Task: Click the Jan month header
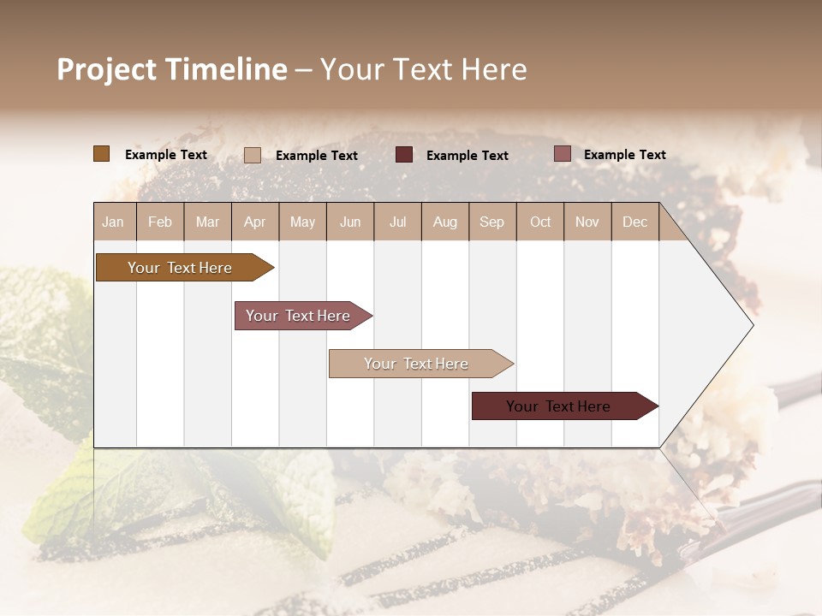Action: click(113, 222)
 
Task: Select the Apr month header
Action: click(254, 222)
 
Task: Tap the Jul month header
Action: click(397, 222)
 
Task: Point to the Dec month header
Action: click(634, 222)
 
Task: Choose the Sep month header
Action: click(491, 222)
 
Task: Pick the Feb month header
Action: click(160, 222)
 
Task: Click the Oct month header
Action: click(540, 222)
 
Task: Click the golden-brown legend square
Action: click(102, 154)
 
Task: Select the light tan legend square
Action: click(253, 155)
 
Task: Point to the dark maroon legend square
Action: click(404, 155)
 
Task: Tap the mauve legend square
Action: click(563, 154)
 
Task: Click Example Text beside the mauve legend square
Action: click(624, 155)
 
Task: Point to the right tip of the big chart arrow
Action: click(752, 324)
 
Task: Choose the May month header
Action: click(302, 222)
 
